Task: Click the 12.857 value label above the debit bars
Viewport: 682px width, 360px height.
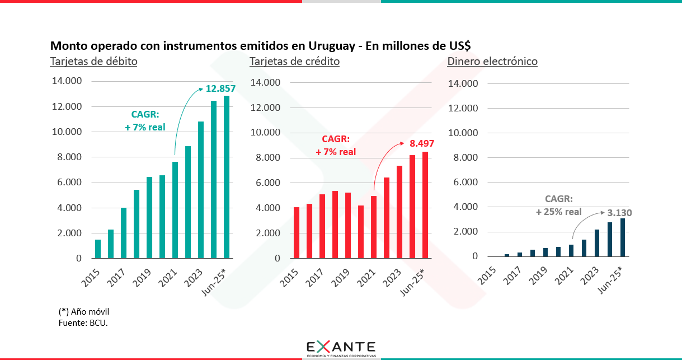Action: pyautogui.click(x=220, y=88)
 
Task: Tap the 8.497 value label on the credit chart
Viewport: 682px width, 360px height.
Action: pyautogui.click(x=418, y=144)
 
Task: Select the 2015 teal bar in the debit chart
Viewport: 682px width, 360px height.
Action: pyautogui.click(x=98, y=249)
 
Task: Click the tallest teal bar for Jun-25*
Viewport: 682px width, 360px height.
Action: pyautogui.click(x=227, y=177)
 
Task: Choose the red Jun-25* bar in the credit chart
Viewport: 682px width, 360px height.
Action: pyautogui.click(x=425, y=205)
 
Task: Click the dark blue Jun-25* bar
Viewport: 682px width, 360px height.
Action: pyautogui.click(x=623, y=237)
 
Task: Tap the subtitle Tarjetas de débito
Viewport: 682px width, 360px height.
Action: pyautogui.click(x=93, y=61)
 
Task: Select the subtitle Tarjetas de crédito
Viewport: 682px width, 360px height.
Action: pyautogui.click(x=294, y=61)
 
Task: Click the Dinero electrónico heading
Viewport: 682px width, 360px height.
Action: pyautogui.click(x=492, y=61)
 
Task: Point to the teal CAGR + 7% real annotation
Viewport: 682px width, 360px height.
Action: pyautogui.click(x=145, y=121)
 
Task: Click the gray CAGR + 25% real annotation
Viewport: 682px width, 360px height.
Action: pyautogui.click(x=558, y=205)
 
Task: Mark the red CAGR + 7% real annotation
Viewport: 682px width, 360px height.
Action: pyautogui.click(x=335, y=146)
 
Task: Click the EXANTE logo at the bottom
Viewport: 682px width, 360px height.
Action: pyautogui.click(x=341, y=348)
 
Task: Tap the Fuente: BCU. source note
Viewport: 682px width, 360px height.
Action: pyautogui.click(x=83, y=323)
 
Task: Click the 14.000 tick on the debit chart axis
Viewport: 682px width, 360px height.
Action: pyautogui.click(x=66, y=81)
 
